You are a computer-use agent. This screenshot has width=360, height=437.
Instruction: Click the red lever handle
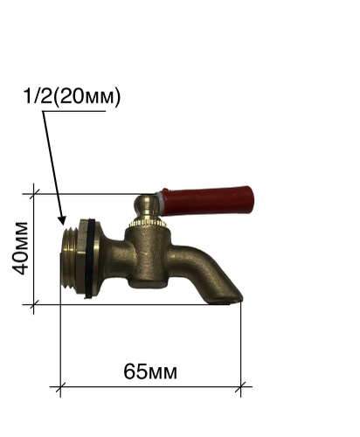click(207, 201)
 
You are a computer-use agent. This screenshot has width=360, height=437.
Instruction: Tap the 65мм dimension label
click(150, 371)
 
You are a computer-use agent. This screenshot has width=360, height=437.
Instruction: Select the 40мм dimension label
click(20, 249)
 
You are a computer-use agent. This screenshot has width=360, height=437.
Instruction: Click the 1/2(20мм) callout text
click(72, 96)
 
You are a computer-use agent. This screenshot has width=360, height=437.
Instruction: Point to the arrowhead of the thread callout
click(62, 220)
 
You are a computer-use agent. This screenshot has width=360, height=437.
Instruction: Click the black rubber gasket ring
click(90, 258)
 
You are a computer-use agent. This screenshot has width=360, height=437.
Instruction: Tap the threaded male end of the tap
click(69, 258)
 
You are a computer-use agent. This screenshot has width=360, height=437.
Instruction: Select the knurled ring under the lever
click(148, 223)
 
